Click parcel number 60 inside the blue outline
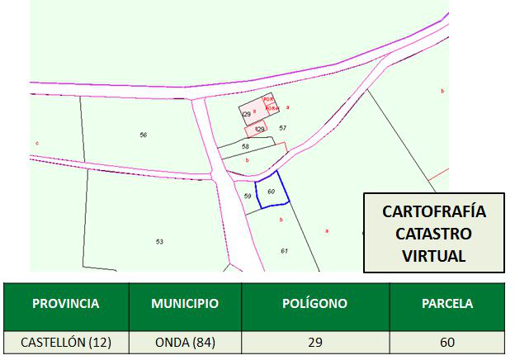pyautogui.click(x=271, y=191)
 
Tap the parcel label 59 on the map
pyautogui.click(x=247, y=196)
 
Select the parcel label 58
pyautogui.click(x=245, y=146)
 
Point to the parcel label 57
pyautogui.click(x=282, y=128)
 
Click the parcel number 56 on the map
pyautogui.click(x=143, y=135)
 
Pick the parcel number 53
pyautogui.click(x=158, y=241)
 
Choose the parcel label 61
pyautogui.click(x=284, y=250)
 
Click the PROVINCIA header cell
pyautogui.click(x=65, y=304)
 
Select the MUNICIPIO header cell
pyautogui.click(x=184, y=304)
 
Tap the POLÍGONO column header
pyautogui.click(x=314, y=304)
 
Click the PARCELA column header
pyautogui.click(x=447, y=304)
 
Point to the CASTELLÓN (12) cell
pyautogui.click(x=65, y=341)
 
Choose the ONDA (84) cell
pyautogui.click(x=184, y=341)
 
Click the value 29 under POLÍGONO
pyautogui.click(x=314, y=341)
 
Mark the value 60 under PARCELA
pyautogui.click(x=447, y=341)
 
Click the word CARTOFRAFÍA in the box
pyautogui.click(x=434, y=212)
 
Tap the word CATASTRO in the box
pyautogui.click(x=434, y=234)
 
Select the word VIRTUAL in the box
pyautogui.click(x=434, y=255)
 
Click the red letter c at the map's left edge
pyautogui.click(x=37, y=143)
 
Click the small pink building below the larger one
pyautogui.click(x=257, y=130)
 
